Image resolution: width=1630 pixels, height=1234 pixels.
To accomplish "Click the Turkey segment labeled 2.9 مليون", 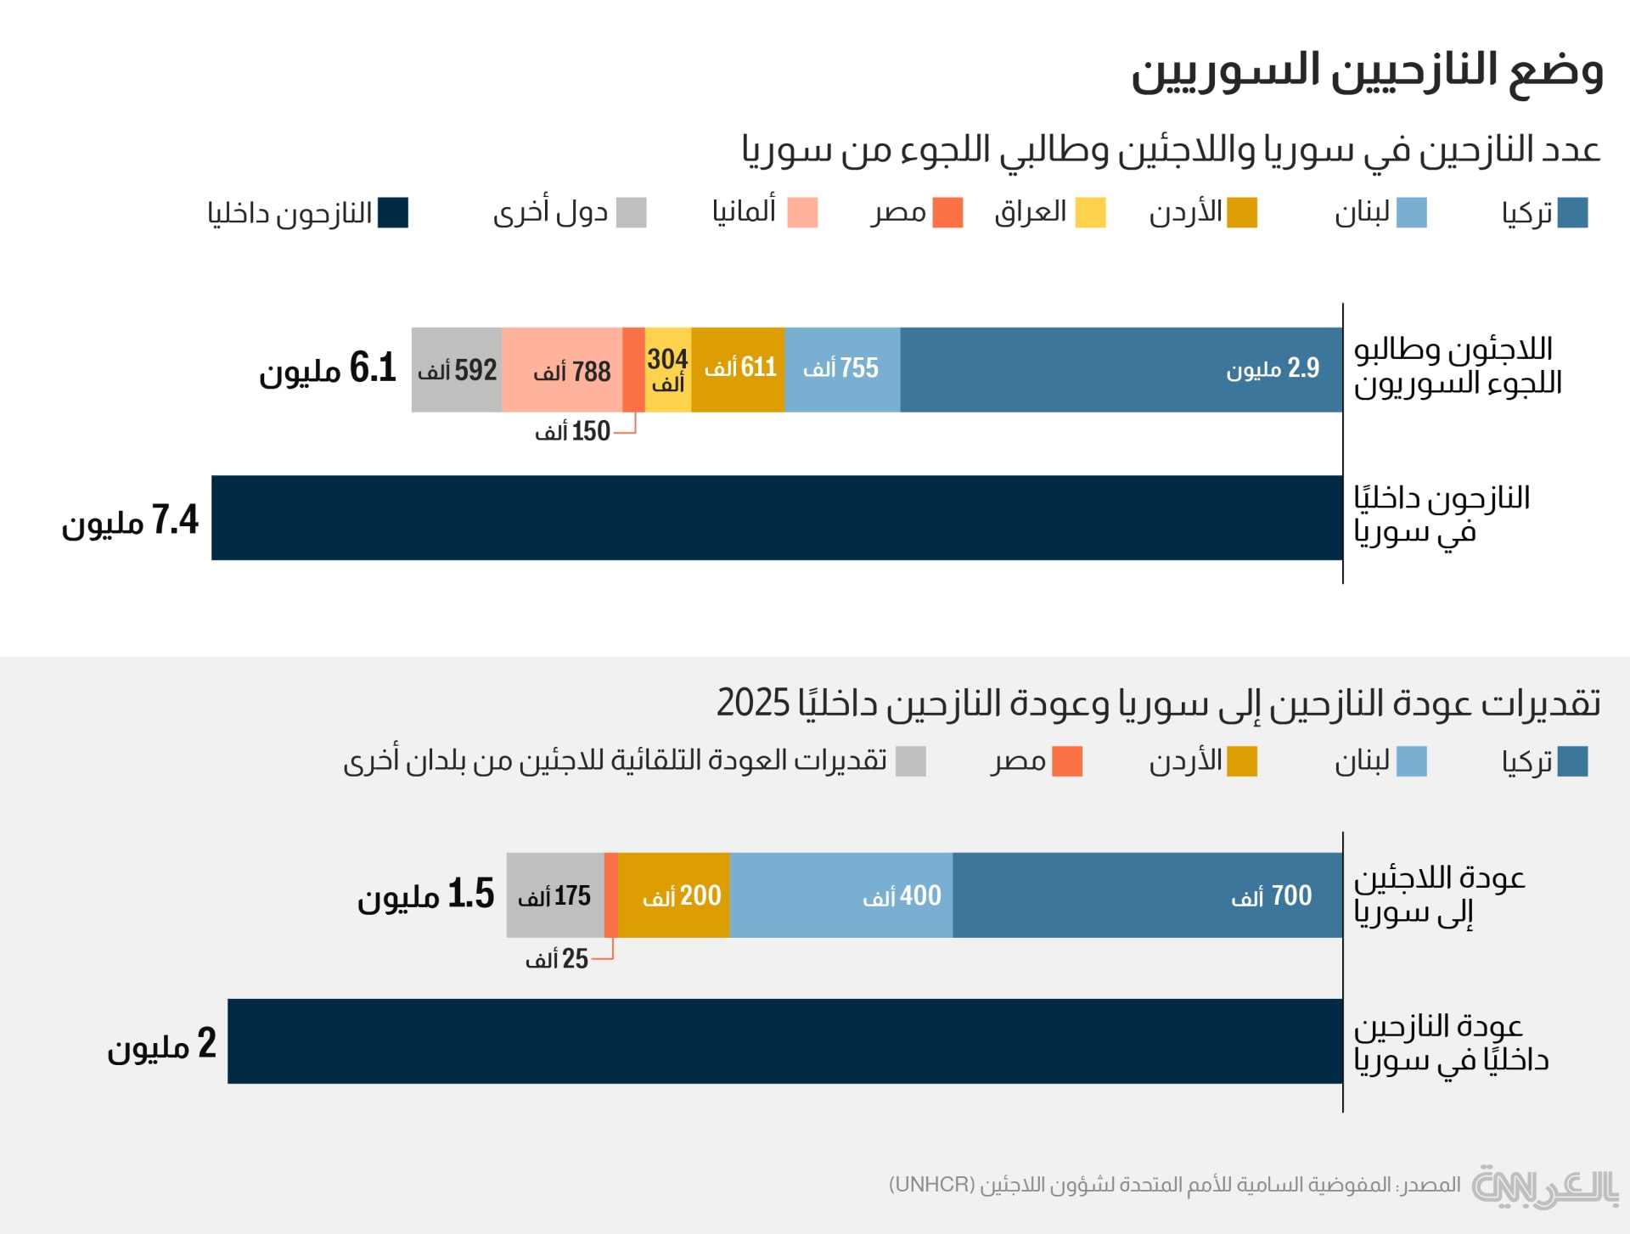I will [1121, 370].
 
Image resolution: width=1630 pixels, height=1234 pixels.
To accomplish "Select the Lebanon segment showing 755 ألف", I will [842, 370].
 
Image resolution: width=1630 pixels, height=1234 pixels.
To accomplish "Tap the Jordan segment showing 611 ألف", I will [738, 370].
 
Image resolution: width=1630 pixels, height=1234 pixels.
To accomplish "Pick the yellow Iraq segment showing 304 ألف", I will [668, 370].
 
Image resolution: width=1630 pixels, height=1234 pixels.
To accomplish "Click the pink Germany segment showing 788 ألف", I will [562, 370].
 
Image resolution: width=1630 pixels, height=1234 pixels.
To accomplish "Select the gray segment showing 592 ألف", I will [457, 370].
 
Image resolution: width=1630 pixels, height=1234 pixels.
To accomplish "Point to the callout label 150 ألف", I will [572, 431].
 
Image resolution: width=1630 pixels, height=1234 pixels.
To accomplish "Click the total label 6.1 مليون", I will [328, 369].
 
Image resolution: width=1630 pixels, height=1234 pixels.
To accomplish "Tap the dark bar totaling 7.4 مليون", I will [777, 518].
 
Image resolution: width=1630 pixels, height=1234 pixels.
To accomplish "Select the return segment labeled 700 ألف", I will [1147, 895].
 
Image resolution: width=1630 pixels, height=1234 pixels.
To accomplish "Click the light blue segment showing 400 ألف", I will [840, 895].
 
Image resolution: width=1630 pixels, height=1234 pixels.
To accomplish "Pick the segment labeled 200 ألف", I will [674, 895].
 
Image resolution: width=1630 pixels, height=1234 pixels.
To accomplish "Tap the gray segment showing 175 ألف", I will [554, 895].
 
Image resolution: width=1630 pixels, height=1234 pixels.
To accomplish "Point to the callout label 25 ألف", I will [556, 959].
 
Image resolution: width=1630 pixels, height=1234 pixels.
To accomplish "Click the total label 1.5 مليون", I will [425, 895].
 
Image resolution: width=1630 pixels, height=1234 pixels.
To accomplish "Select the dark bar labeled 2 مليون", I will [785, 1041].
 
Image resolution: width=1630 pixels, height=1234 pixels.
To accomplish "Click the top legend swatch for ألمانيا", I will [802, 212].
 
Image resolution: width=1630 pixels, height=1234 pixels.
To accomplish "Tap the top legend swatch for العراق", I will [1090, 212].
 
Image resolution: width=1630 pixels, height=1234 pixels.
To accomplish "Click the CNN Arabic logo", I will [1544, 1186].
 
